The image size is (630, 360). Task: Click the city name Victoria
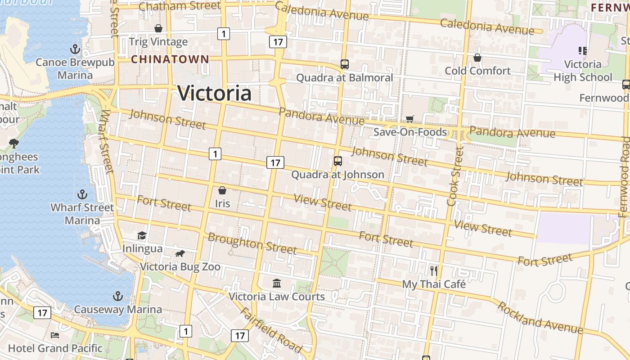click(x=214, y=93)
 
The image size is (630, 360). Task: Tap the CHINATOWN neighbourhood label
click(x=170, y=59)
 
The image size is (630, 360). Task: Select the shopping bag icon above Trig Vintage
click(x=158, y=29)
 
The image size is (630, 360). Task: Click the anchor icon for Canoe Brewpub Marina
click(x=75, y=49)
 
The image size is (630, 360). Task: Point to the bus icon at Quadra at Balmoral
click(x=345, y=64)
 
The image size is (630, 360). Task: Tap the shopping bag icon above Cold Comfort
click(x=477, y=58)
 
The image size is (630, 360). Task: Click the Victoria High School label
click(x=583, y=71)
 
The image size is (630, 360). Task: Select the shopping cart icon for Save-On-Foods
click(x=409, y=119)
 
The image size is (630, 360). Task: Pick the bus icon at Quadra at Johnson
click(x=338, y=161)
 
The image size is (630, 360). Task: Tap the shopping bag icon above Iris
click(x=222, y=190)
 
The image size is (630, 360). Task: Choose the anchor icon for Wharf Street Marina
click(x=82, y=194)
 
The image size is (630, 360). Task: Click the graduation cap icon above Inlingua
click(x=142, y=235)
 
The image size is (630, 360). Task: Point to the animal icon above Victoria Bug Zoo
click(x=180, y=254)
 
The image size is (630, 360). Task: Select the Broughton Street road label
click(x=252, y=243)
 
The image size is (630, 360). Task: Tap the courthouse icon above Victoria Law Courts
click(x=277, y=283)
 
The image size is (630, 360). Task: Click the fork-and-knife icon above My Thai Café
click(x=434, y=270)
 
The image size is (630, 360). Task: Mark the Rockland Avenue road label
click(x=540, y=318)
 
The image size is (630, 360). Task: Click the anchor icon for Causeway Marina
click(x=117, y=296)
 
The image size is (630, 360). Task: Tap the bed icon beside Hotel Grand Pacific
click(x=55, y=335)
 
